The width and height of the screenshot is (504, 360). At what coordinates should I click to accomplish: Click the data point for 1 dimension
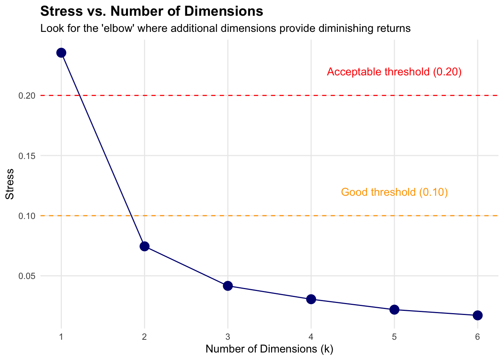click(61, 53)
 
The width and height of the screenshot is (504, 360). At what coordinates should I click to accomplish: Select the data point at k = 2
click(144, 246)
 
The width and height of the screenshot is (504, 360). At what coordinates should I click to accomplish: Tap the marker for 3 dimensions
click(228, 286)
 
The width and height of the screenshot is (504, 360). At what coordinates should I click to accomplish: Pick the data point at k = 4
click(311, 299)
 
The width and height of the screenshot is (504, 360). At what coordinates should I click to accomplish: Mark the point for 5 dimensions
click(394, 310)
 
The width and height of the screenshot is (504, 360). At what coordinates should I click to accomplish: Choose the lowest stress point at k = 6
click(477, 315)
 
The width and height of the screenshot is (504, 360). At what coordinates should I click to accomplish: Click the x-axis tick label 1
click(61, 337)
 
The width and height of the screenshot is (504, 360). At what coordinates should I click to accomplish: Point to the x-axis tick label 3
click(228, 337)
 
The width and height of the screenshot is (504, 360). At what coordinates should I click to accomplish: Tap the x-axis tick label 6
click(477, 337)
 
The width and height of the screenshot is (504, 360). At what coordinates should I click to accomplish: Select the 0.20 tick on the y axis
click(27, 96)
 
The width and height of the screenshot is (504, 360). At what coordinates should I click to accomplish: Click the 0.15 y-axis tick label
click(27, 156)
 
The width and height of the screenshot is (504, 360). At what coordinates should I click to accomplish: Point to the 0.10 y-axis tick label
click(27, 216)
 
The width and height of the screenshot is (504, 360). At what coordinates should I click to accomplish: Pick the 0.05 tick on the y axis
click(27, 276)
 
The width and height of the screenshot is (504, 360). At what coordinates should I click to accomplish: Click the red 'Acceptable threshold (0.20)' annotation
click(394, 72)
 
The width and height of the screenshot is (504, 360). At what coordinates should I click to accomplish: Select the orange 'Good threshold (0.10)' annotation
click(394, 192)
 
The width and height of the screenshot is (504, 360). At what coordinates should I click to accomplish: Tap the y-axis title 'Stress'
click(9, 184)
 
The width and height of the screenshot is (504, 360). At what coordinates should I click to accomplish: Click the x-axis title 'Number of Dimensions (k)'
click(269, 349)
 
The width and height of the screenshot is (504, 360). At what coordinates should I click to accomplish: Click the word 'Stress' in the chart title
click(61, 11)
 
